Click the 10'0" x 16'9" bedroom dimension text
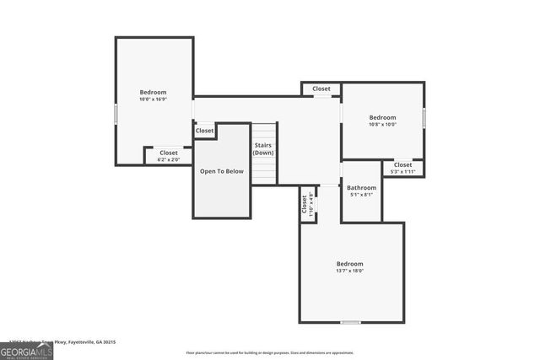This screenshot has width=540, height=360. point(153,99)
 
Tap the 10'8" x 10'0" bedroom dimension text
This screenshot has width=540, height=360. point(382,125)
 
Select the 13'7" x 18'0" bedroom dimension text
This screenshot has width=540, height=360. point(350,271)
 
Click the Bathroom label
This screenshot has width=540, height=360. point(361,187)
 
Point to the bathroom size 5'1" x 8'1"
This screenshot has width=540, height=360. point(361,195)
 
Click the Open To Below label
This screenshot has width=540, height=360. point(221,171)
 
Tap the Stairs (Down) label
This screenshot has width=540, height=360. point(263,149)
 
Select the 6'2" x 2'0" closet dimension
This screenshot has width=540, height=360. point(169,159)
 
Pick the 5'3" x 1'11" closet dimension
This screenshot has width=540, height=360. point(402,172)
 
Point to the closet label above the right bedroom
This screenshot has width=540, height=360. point(321,89)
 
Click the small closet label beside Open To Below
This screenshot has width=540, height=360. point(205,131)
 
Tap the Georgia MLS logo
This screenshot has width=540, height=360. point(26,351)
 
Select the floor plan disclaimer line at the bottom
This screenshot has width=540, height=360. point(269,352)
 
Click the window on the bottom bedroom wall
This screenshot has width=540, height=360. point(350,322)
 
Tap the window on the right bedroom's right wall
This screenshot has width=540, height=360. point(424,116)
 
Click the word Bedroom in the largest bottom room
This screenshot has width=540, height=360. point(350,264)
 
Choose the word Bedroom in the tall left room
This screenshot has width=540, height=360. point(153,92)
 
